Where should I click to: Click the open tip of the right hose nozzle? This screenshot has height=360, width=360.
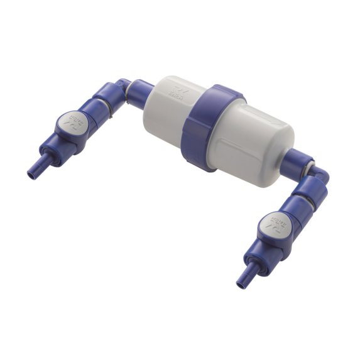(240, 285)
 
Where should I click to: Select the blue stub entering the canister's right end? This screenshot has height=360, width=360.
(296, 160)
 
